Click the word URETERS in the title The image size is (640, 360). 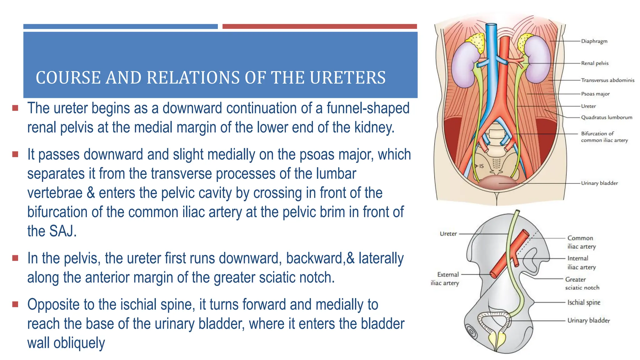tap(347, 77)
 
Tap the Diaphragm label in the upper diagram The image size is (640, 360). tap(594, 41)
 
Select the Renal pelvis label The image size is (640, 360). tap(595, 63)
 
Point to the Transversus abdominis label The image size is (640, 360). tap(607, 80)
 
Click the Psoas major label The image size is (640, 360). tap(595, 94)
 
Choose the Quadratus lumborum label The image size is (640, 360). tap(606, 117)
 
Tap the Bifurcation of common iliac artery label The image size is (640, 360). tap(604, 137)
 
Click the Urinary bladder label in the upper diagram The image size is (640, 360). tap(599, 183)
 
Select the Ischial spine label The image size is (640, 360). tap(583, 302)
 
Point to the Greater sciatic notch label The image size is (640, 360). tap(582, 283)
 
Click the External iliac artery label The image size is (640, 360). tap(445, 279)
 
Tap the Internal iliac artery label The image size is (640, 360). tap(581, 262)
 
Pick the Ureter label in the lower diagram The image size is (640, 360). tap(448, 234)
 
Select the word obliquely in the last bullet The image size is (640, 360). tap(79, 343)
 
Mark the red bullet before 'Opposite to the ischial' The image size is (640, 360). tap(15, 304)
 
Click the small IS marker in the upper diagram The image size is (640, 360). tap(481, 166)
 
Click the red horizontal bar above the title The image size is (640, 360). tap(319, 27)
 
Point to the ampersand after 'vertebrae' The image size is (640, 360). tap(91, 193)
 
